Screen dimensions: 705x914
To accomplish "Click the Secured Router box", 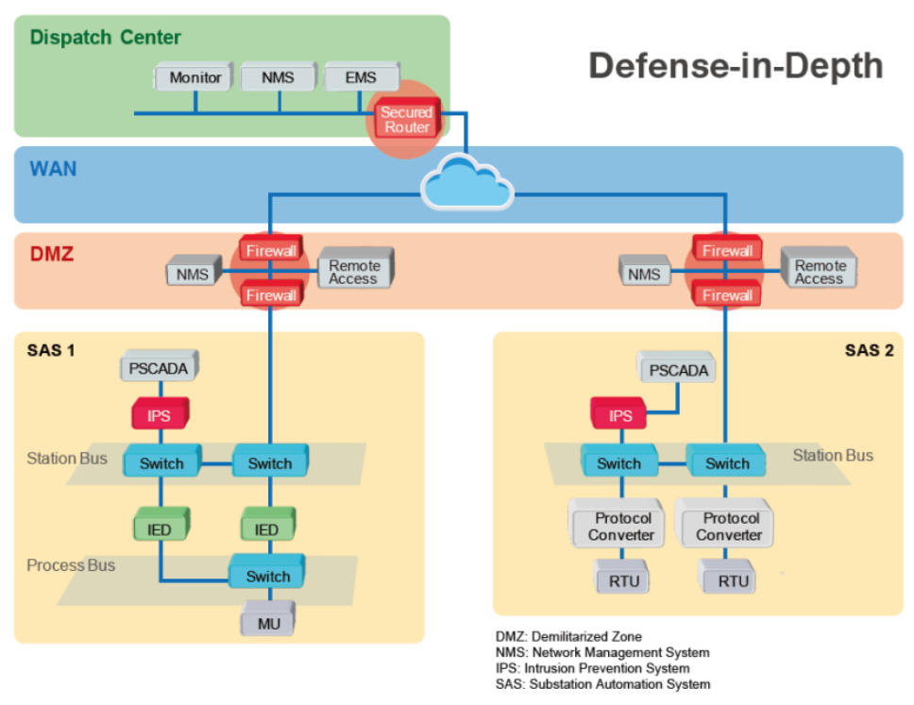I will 407,120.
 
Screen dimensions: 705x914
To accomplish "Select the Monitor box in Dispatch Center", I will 195,78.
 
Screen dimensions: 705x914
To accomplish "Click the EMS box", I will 360,78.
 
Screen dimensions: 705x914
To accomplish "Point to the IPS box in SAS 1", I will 160,413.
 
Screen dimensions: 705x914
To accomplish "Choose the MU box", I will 269,624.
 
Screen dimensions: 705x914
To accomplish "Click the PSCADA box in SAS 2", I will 678,370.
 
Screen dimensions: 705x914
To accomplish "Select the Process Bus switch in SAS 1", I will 268,576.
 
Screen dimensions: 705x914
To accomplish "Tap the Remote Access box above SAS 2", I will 819,272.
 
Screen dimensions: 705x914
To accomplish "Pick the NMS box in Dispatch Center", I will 278,78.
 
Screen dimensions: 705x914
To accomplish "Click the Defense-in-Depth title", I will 736,66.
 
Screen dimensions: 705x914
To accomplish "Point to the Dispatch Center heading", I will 105,38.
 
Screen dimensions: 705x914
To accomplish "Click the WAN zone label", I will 54,170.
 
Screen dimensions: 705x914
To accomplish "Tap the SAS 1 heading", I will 52,351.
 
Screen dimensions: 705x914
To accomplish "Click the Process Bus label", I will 71,565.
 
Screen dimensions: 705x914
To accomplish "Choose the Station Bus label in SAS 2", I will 832,456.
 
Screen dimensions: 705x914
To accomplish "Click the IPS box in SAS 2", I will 620,415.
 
